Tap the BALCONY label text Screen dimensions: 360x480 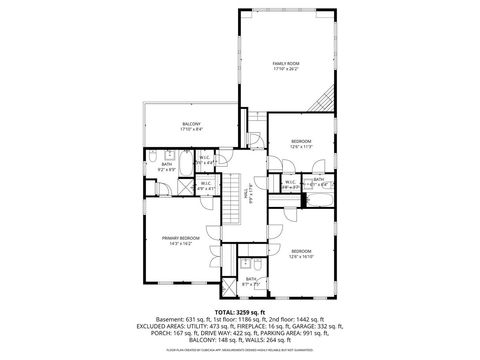(x=191, y=124)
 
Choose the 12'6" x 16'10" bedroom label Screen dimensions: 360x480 (x=302, y=251)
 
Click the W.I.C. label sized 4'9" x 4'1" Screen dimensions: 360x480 (x=205, y=184)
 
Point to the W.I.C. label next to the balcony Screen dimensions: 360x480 (x=204, y=158)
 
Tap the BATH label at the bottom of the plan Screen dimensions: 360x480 (x=251, y=279)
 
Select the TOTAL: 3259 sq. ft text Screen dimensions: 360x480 (x=240, y=312)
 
